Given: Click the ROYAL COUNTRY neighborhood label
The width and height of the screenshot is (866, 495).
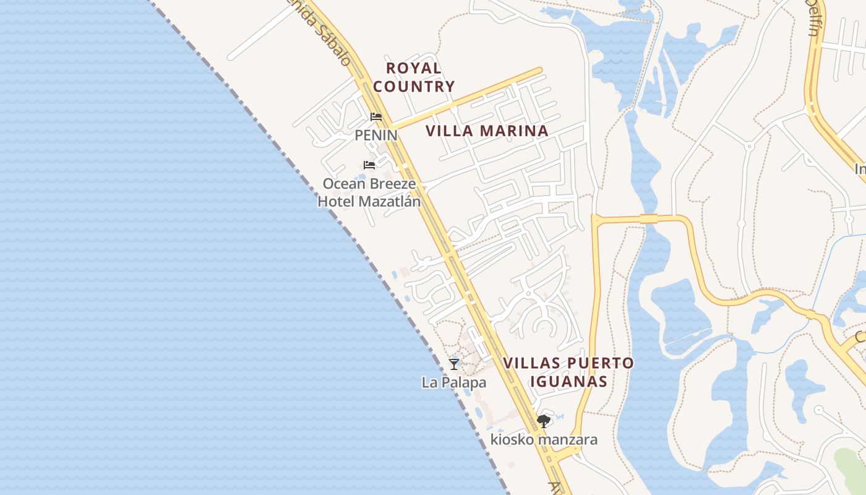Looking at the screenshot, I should pos(414,77).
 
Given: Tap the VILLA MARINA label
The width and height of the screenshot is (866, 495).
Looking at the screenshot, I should pos(487,131).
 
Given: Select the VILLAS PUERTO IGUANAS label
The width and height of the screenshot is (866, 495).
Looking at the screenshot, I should pos(568,372).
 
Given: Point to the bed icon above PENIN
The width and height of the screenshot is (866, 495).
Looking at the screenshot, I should pos(375,117).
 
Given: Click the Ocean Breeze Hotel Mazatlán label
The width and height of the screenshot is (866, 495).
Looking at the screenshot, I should pos(369,192).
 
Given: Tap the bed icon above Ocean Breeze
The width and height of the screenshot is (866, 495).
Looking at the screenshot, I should pos(369,165).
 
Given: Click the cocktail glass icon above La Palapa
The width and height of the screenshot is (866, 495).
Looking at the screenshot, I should pos(454,364).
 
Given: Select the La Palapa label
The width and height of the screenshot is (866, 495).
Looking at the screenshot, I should pos(454,382).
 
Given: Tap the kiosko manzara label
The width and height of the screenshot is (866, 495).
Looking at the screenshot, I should pos(544,440).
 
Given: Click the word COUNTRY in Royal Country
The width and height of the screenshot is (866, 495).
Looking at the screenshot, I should pos(414,87).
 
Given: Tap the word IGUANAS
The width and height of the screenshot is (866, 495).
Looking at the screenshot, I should pos(568,381).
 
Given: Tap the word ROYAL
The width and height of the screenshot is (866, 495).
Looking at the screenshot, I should pos(414,68).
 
